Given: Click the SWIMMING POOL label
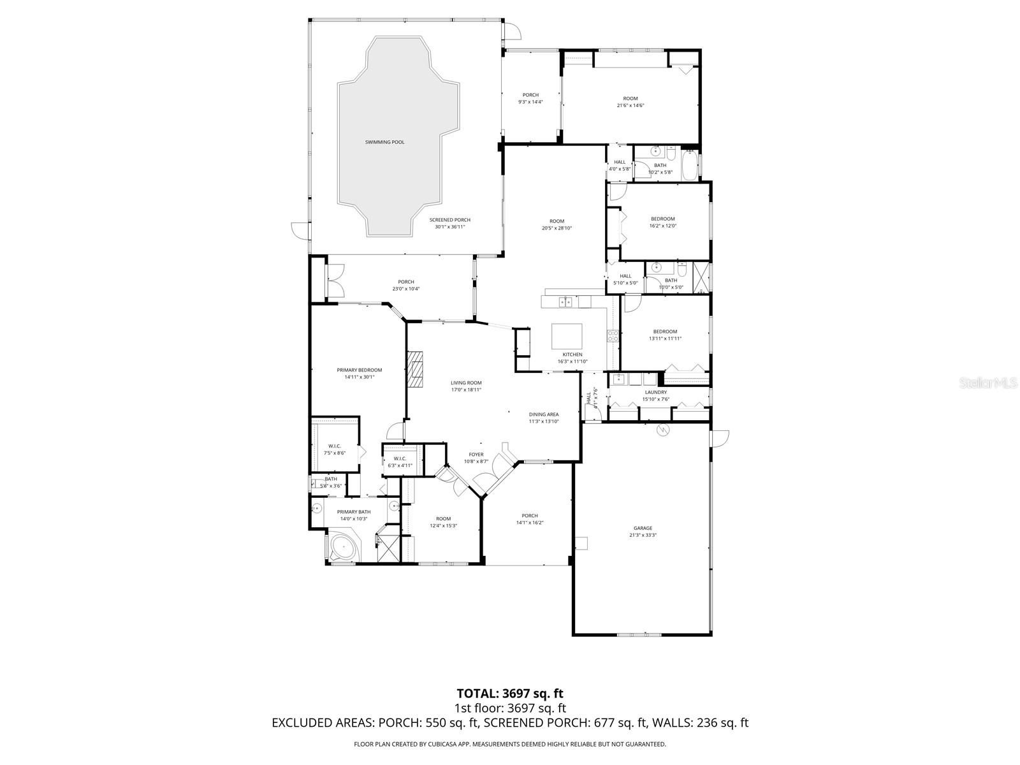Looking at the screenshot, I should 384,142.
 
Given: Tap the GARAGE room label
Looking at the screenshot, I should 643,528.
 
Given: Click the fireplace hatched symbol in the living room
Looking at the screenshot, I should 416,369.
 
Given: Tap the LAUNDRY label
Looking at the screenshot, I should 655,393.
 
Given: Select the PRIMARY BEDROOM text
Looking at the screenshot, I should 360,370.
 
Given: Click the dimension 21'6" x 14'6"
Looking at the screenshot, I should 630,106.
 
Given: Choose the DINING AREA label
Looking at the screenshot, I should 543,414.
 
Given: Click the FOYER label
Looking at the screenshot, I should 476,455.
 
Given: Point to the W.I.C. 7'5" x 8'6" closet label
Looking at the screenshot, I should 335,446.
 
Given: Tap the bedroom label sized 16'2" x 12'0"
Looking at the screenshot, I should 662,219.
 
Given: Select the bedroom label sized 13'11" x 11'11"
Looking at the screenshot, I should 665,331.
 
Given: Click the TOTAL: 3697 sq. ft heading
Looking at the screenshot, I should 510,693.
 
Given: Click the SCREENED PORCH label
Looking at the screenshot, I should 453,220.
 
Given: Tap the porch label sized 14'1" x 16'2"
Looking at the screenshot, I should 530,516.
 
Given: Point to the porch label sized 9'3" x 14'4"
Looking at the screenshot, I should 530,95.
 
